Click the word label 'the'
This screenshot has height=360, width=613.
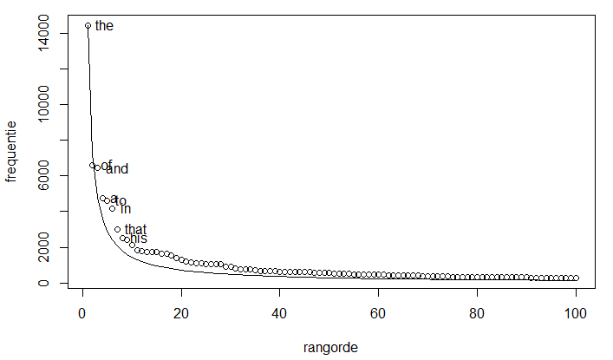point(104,26)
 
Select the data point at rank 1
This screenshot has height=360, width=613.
point(88,26)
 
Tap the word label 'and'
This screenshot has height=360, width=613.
point(117,169)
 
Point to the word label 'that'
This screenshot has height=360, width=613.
point(135,230)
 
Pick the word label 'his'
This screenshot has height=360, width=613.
point(139,239)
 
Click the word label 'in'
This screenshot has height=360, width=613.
point(126,209)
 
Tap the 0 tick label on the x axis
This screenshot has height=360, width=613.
point(82,315)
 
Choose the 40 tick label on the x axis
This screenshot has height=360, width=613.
point(280,315)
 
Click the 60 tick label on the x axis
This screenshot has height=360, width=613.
point(379,315)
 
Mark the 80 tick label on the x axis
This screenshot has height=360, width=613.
point(478,315)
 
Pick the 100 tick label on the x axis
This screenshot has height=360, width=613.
point(577,315)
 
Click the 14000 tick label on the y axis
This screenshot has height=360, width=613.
point(43,33)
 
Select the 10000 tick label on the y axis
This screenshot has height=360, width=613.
point(43,104)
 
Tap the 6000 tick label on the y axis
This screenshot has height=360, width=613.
point(43,176)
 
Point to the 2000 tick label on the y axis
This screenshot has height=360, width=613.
point(43,247)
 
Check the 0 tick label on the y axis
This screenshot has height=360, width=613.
point(43,283)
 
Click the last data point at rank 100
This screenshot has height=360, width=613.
point(576,278)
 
